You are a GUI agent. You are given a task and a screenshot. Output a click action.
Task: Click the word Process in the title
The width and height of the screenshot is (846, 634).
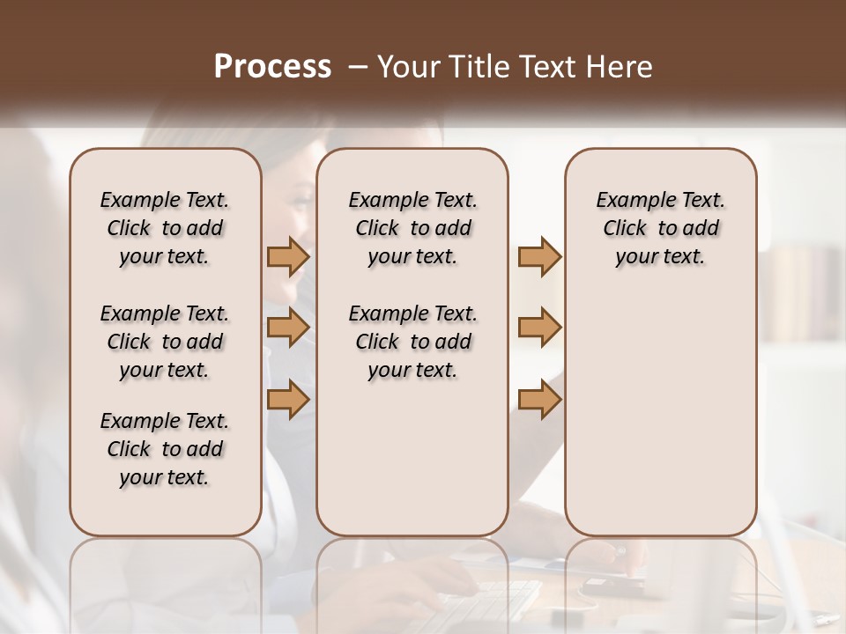pyautogui.click(x=272, y=67)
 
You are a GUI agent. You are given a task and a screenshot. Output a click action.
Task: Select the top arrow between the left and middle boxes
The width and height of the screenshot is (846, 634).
pyautogui.click(x=288, y=257)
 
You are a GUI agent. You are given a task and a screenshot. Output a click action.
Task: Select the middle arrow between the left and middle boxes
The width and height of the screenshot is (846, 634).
pyautogui.click(x=288, y=328)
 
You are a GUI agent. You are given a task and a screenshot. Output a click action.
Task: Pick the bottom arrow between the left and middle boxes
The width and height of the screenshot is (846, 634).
pyautogui.click(x=288, y=400)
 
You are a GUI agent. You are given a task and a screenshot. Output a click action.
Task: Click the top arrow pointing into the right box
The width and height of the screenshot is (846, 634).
pyautogui.click(x=539, y=257)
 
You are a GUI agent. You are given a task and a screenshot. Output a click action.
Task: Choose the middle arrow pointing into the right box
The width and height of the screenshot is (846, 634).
pyautogui.click(x=539, y=328)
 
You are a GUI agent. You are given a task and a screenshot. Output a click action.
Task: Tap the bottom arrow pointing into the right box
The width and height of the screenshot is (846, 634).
pyautogui.click(x=539, y=400)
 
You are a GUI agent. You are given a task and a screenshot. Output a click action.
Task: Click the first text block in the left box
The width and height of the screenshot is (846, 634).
pyautogui.click(x=165, y=228)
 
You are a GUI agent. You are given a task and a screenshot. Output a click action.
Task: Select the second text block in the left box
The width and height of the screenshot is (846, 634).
pyautogui.click(x=165, y=342)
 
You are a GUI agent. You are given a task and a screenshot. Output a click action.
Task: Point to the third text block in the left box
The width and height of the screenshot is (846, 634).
pyautogui.click(x=165, y=449)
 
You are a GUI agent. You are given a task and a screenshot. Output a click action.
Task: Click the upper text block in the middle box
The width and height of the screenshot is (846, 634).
pyautogui.click(x=412, y=228)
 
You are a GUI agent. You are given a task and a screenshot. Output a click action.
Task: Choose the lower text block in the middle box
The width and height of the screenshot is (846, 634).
pyautogui.click(x=412, y=342)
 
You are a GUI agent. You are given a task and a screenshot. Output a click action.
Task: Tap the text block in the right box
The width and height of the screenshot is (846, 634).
pyautogui.click(x=661, y=228)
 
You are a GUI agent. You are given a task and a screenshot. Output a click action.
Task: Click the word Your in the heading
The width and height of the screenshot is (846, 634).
pyautogui.click(x=408, y=67)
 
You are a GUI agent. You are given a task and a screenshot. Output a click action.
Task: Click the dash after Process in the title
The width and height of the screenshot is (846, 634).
pyautogui.click(x=357, y=67)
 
